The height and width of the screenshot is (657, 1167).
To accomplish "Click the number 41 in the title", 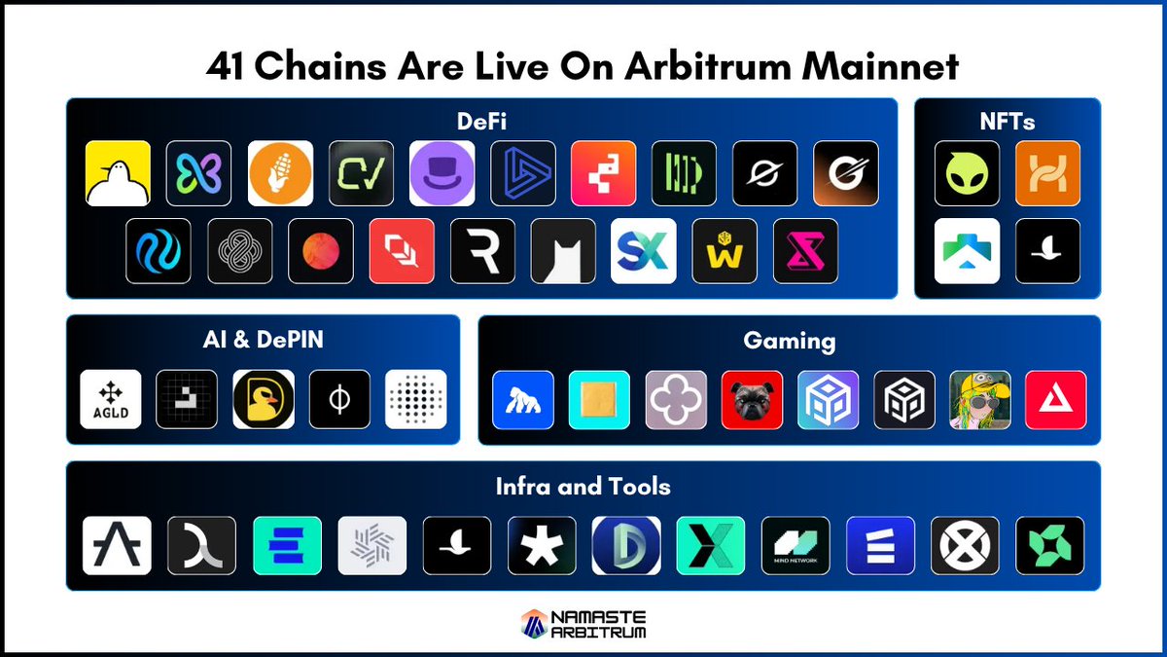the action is [x=225, y=66].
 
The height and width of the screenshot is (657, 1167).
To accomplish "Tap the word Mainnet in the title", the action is [x=880, y=66].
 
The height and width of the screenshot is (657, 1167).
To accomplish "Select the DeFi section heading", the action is [x=481, y=122].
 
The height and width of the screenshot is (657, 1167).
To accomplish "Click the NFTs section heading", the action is [x=1008, y=122].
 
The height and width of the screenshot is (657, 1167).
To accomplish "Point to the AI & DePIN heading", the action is [x=264, y=340].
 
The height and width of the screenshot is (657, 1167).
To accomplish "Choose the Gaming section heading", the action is [x=790, y=342].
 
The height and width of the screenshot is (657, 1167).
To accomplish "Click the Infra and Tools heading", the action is [x=583, y=487].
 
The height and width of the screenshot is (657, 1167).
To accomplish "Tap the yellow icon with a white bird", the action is [x=119, y=173].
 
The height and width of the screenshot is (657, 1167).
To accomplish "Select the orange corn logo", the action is [x=280, y=173].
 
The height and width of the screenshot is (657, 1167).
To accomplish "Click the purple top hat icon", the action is [x=442, y=173].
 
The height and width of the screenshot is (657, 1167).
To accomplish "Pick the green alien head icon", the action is [x=967, y=173].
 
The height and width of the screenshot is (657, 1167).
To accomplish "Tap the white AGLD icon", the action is [x=111, y=399].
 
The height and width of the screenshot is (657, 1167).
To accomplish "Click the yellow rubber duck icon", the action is [x=264, y=399].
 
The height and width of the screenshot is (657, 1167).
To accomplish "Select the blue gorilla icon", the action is [x=523, y=400].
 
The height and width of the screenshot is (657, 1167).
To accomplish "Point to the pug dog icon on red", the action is [x=752, y=400].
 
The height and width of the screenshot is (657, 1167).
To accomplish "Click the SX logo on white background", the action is [x=644, y=251].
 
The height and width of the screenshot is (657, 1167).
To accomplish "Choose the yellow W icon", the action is [x=725, y=251].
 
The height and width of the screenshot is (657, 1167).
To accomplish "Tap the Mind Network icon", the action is [x=796, y=545].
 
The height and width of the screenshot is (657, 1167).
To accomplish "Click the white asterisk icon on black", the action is [x=542, y=545].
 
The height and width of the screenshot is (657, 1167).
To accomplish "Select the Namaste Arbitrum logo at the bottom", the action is [x=583, y=624].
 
